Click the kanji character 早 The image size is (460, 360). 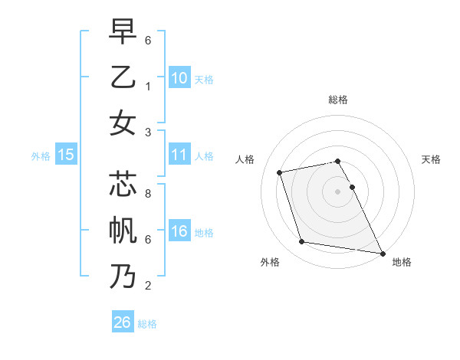pyautogui.click(x=122, y=32)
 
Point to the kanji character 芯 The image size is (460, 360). pyautogui.click(x=122, y=186)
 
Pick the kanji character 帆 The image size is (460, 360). pyautogui.click(x=122, y=231)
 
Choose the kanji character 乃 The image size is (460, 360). pyautogui.click(x=122, y=277)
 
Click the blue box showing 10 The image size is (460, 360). pyautogui.click(x=179, y=77)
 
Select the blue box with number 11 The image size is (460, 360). pyautogui.click(x=179, y=155)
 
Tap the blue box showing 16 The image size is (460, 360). pyautogui.click(x=179, y=231)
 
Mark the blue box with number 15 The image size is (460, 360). pyautogui.click(x=66, y=155)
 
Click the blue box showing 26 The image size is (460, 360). pyautogui.click(x=123, y=322)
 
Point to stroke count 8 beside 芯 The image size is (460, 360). pyautogui.click(x=147, y=194)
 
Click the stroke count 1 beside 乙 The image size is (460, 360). pyautogui.click(x=147, y=86)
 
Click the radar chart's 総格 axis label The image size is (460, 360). pyautogui.click(x=338, y=100)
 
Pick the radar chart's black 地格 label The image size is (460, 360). pyautogui.click(x=402, y=262)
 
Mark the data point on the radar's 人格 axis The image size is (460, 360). pyautogui.click(x=280, y=172)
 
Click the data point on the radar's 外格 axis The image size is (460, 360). pyautogui.click(x=302, y=242)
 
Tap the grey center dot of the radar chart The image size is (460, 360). pyautogui.click(x=338, y=191)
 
